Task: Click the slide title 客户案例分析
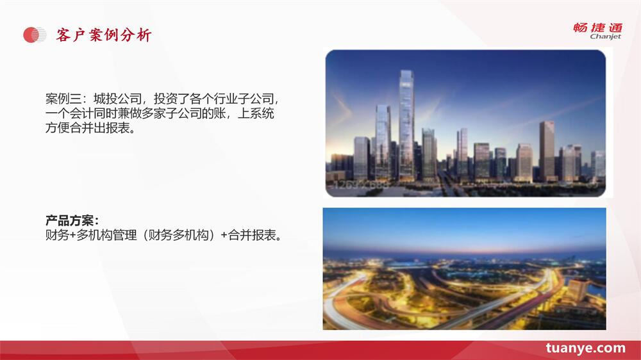pos(104,35)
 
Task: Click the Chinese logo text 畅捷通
pos(597,28)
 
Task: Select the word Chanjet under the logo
pos(605,37)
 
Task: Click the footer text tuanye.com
pos(585,348)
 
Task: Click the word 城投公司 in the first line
pos(117,99)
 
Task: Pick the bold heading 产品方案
pos(69,220)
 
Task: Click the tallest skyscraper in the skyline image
pos(406,125)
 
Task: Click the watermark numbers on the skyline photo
pos(360,185)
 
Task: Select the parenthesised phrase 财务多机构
pos(178,235)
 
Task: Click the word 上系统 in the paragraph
pos(256,113)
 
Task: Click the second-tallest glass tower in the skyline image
pos(383,142)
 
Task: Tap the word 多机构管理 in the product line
pos(106,235)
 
